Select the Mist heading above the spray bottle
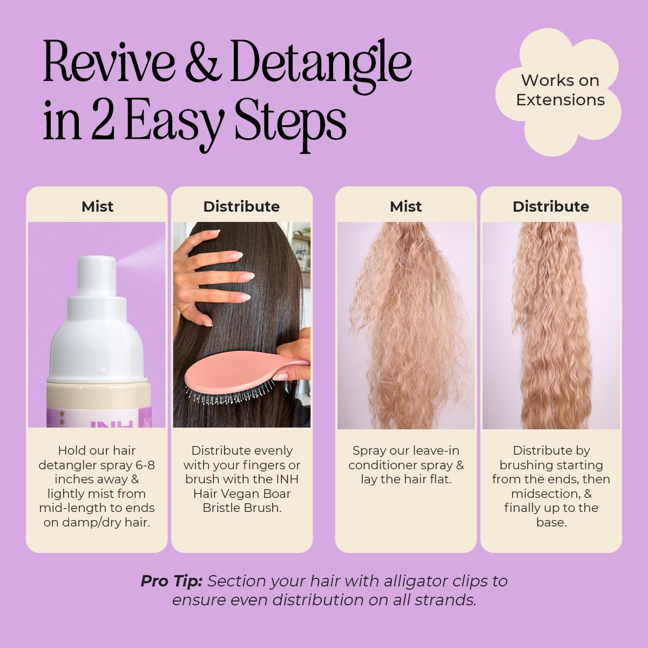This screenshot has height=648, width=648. click(x=97, y=206)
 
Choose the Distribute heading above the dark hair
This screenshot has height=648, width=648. click(x=241, y=206)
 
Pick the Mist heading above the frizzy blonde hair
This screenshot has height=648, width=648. click(x=406, y=206)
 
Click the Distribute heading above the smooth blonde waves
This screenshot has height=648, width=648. click(x=551, y=206)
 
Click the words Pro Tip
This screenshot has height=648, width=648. click(x=171, y=581)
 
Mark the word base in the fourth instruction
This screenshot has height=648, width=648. click(x=551, y=523)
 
